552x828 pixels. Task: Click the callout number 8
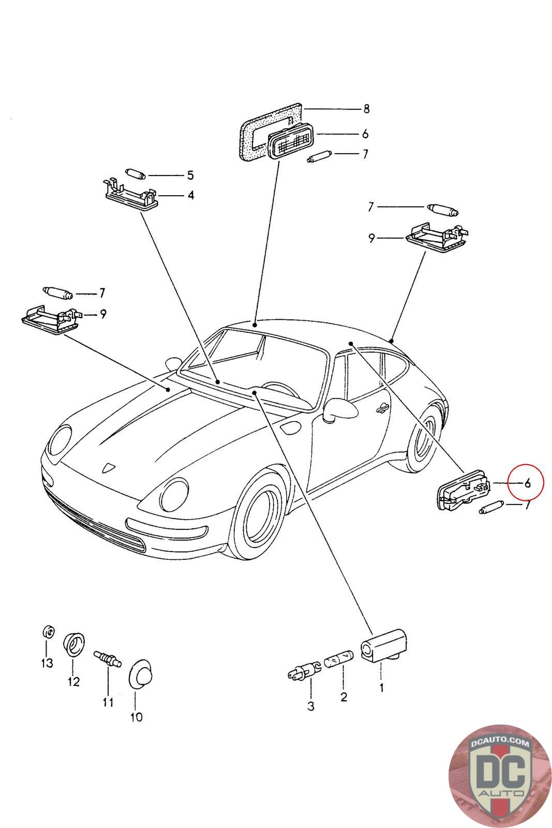tap(366, 109)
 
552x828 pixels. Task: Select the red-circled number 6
tap(527, 484)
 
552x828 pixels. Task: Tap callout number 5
tap(190, 175)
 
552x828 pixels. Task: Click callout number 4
tap(191, 196)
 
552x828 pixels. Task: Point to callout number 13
tap(47, 663)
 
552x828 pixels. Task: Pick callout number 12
tap(73, 682)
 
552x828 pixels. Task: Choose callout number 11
tap(108, 702)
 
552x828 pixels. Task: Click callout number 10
tap(136, 717)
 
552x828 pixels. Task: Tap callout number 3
tap(310, 706)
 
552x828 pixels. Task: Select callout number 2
tap(343, 697)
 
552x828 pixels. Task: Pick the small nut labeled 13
tap(47, 632)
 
